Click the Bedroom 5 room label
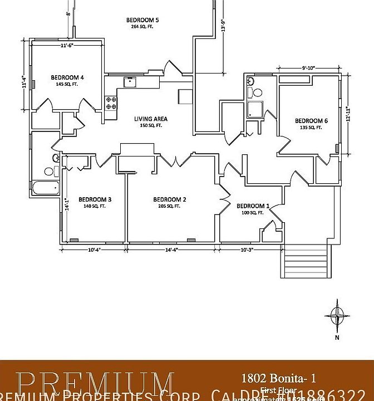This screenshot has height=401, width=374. [x=139, y=20]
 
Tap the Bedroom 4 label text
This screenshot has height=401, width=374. [x=67, y=77]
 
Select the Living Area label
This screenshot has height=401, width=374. [x=150, y=119]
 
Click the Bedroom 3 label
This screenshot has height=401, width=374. [x=95, y=199]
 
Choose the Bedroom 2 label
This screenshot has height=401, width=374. [x=170, y=199]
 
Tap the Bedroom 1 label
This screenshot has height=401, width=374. [x=253, y=206]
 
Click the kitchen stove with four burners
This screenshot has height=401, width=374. [x=111, y=102]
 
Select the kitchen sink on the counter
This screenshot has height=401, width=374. [x=130, y=82]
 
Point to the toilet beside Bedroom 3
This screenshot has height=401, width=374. [x=56, y=159]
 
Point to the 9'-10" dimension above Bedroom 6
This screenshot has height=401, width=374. [x=309, y=68]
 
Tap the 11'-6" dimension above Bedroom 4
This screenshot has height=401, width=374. [x=67, y=46]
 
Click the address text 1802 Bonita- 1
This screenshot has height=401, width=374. [x=278, y=378]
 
